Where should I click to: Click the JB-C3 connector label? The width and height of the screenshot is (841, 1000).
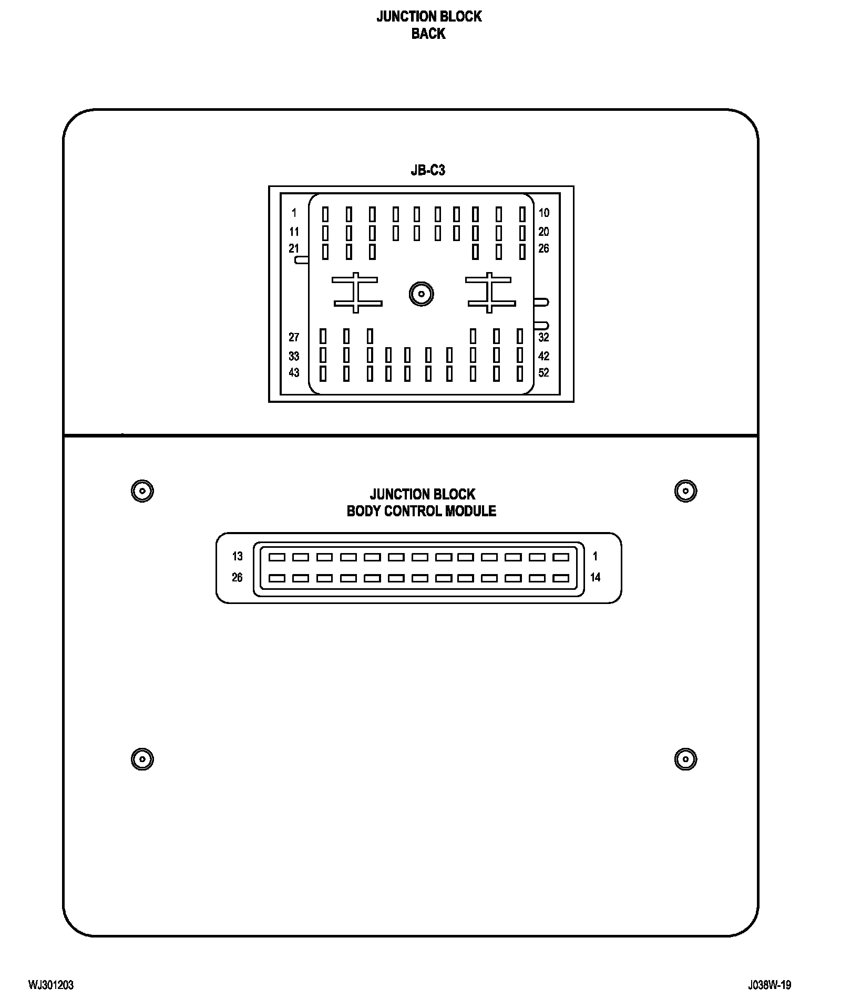click(428, 171)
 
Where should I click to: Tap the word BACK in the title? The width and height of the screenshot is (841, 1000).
click(428, 34)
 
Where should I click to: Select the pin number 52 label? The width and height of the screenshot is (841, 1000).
click(543, 372)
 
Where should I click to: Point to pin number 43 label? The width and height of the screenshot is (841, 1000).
click(294, 372)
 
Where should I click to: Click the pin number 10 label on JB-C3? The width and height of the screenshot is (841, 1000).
click(543, 213)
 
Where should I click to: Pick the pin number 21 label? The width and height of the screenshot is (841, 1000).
click(294, 248)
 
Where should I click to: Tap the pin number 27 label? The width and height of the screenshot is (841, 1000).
click(294, 337)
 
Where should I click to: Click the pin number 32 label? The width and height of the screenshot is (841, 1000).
click(543, 337)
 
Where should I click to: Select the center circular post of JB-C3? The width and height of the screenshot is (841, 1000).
click(421, 294)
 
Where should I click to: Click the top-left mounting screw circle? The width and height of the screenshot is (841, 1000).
click(142, 491)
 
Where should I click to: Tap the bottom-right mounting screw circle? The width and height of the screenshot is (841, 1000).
click(685, 759)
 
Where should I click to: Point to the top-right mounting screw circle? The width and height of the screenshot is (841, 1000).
click(685, 491)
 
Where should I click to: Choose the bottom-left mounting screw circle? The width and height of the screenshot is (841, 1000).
click(142, 759)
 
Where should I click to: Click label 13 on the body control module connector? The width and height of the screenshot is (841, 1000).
click(238, 556)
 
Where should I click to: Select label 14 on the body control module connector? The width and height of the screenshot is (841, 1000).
click(595, 577)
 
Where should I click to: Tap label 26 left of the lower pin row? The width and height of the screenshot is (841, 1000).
click(238, 577)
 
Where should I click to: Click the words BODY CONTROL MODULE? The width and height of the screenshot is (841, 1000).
click(421, 511)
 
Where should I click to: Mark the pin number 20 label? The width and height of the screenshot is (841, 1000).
click(543, 232)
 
